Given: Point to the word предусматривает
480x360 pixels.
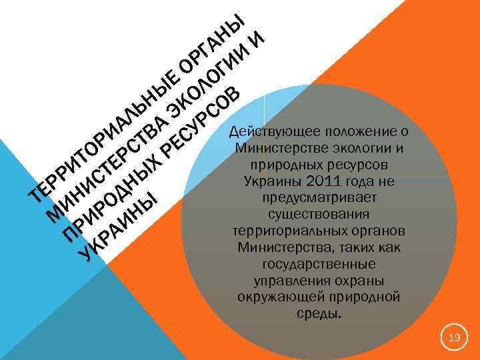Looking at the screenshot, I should tap(320, 198).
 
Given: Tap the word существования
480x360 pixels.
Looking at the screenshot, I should tap(320, 215).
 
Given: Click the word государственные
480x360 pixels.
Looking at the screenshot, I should tap(320, 264).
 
